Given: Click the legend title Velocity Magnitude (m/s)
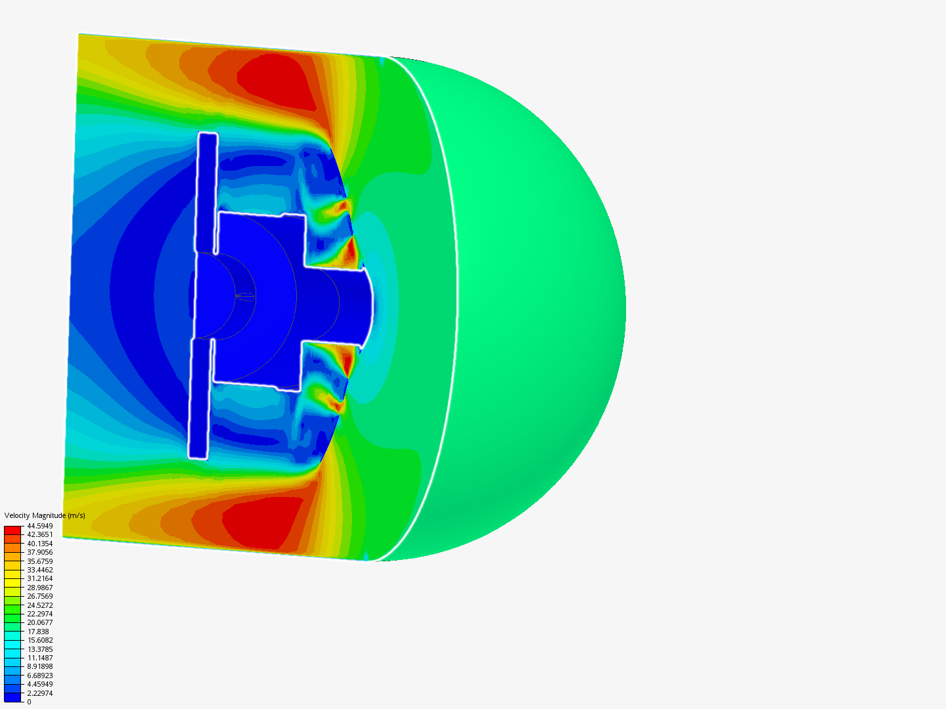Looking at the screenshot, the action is tap(45, 515).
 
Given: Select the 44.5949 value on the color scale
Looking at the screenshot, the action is tap(40, 526).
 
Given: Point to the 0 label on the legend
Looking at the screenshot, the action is tap(29, 702).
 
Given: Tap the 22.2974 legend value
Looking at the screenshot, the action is tap(40, 614).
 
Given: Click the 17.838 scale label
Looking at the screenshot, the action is tap(38, 632).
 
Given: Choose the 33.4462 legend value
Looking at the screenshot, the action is tap(40, 570).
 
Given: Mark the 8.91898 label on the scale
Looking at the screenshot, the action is tap(40, 666).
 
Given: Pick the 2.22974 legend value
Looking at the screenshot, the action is tap(40, 693).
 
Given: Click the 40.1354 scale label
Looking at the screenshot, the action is tap(40, 544).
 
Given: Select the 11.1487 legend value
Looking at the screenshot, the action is tap(40, 658).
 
